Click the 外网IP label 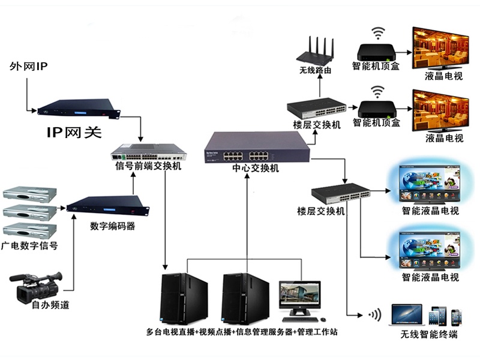click(x=28, y=65)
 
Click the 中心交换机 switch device click(x=257, y=148)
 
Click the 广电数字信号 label click(x=29, y=246)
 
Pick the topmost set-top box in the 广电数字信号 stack click(x=29, y=193)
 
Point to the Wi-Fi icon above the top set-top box click(x=377, y=32)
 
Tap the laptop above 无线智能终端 click(x=407, y=315)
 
